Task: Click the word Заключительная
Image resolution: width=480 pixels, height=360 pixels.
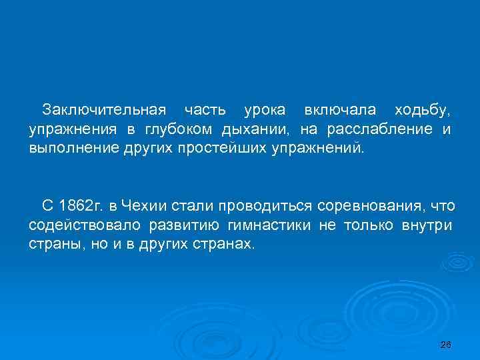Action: pyautogui.click(x=103, y=109)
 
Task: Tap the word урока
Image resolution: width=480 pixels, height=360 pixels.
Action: pyautogui.click(x=265, y=109)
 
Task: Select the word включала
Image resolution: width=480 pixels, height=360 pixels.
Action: pyautogui.click(x=339, y=109)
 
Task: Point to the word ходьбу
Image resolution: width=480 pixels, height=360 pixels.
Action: pyautogui.click(x=422, y=109)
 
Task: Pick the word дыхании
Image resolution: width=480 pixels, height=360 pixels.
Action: pyautogui.click(x=255, y=128)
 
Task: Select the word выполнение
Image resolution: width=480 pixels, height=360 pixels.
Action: pyautogui.click(x=66, y=147)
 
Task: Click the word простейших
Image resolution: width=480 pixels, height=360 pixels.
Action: pyautogui.click(x=222, y=147)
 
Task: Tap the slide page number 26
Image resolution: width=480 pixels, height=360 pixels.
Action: pyautogui.click(x=447, y=345)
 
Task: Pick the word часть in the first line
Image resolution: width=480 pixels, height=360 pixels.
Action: pyautogui.click(x=205, y=109)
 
